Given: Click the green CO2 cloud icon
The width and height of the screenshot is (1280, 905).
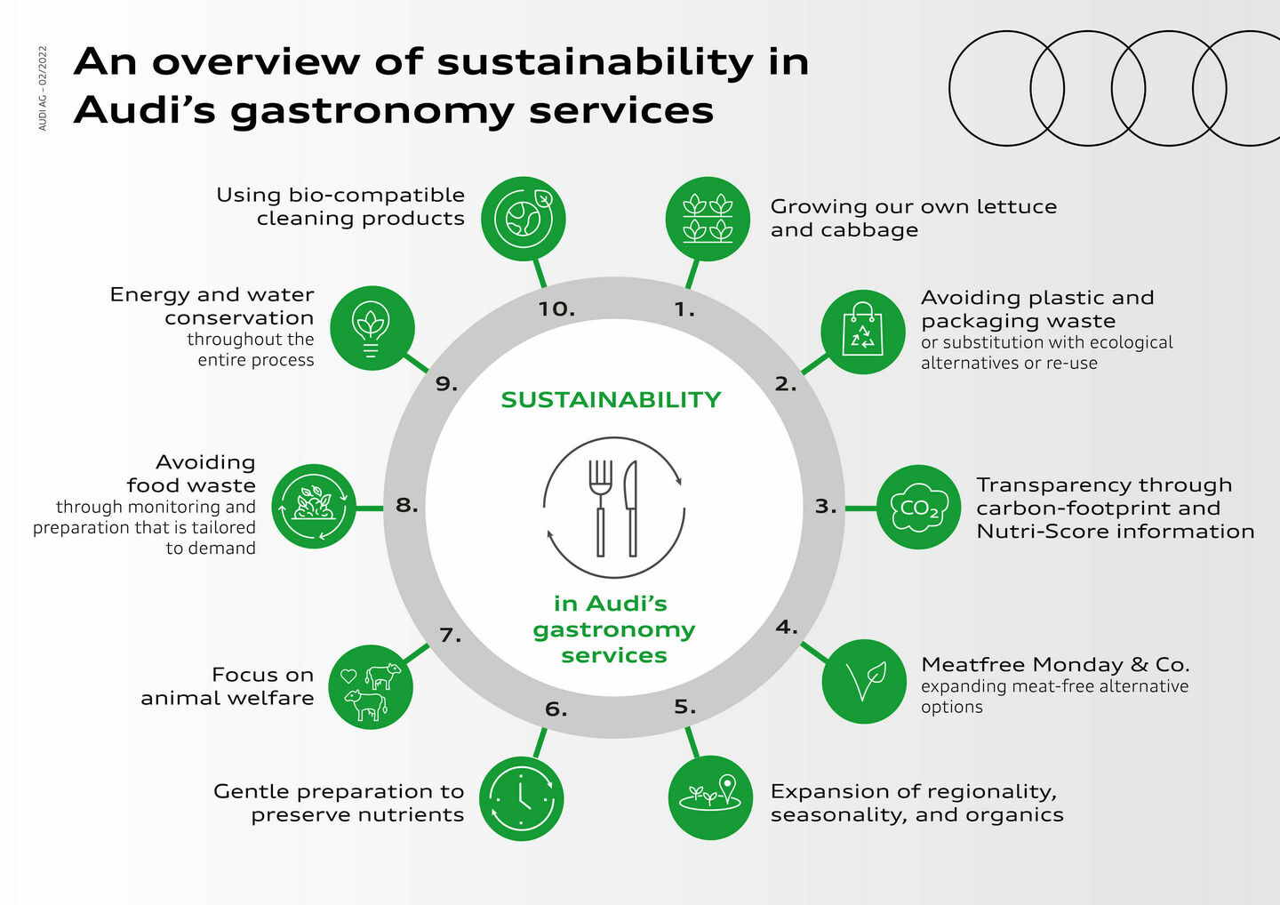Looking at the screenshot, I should point(919,508).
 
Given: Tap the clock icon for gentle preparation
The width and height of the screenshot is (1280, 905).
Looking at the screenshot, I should point(522,798).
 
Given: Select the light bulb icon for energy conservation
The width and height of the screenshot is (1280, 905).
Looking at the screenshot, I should point(372,328).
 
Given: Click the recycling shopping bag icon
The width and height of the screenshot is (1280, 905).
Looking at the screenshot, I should point(862,331).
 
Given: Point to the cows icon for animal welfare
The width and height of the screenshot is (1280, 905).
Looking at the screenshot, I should point(371,687).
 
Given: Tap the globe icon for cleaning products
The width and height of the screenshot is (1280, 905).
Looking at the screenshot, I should point(524,219).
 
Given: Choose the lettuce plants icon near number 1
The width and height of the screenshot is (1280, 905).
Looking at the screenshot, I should point(708,219).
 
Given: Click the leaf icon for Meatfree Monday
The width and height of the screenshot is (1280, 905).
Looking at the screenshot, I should point(864,682).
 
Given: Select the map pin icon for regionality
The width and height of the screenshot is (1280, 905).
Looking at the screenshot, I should point(710,797).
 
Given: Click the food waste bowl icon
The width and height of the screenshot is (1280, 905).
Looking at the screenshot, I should point(314,507).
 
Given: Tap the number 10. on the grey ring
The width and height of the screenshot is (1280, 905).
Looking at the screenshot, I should point(556,310).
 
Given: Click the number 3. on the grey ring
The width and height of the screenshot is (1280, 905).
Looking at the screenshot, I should point(826,507).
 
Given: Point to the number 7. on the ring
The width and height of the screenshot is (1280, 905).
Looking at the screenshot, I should point(451,636).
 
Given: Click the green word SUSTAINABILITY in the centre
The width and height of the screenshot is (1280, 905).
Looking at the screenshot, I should point(611,400).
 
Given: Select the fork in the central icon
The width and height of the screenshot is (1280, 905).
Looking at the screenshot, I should point(601,507).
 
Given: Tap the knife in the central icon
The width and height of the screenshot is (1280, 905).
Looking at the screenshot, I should point(631,507).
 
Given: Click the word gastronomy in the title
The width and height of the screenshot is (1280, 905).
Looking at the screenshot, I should point(372,111).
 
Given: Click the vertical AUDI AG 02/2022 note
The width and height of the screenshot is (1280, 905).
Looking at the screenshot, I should point(43,88).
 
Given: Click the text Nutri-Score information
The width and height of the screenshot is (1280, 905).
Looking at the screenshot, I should point(1115,532).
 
